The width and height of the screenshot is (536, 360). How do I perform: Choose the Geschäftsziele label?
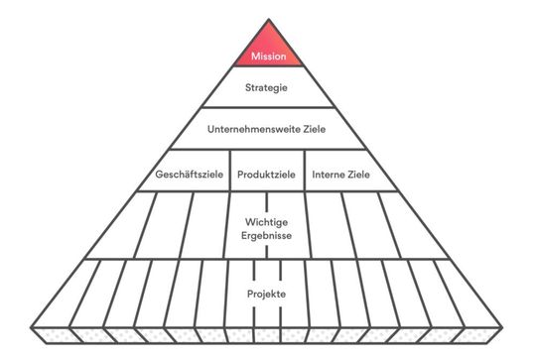pyautogui.click(x=188, y=175)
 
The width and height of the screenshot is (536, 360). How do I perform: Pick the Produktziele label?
pyautogui.click(x=265, y=175)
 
